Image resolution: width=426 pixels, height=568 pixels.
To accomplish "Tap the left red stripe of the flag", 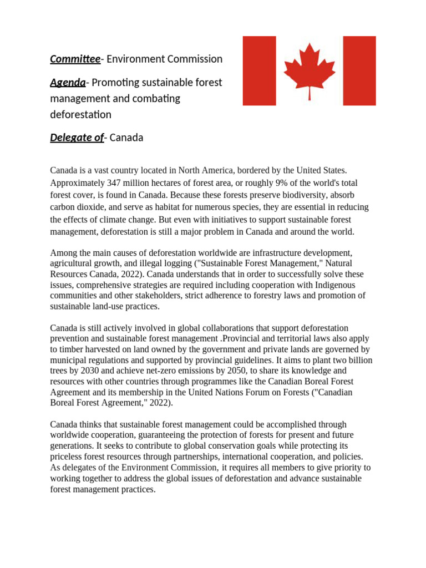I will click(259, 71).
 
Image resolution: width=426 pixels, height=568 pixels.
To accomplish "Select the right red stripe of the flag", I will click(359, 71).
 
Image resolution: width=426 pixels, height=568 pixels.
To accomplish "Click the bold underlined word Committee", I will click(75, 59).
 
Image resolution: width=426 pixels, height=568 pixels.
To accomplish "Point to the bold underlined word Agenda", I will click(68, 83).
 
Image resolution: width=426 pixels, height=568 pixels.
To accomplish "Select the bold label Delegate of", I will click(77, 138).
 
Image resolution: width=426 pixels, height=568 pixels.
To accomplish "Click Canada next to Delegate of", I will click(126, 138).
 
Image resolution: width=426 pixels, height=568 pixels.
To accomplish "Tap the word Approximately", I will click(76, 182).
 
